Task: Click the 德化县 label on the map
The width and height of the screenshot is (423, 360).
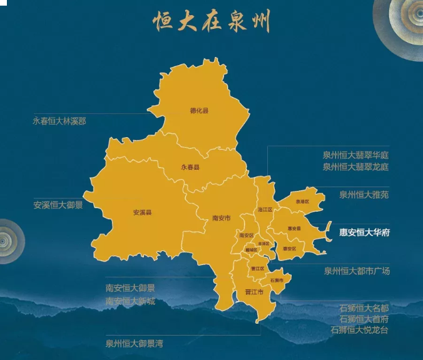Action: pyautogui.click(x=199, y=111)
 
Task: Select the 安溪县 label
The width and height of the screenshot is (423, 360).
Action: pyautogui.click(x=142, y=212)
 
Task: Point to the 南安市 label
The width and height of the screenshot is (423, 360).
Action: pyautogui.click(x=222, y=219)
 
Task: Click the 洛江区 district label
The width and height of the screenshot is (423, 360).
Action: pyautogui.click(x=265, y=209)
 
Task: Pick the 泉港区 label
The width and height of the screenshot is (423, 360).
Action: pyautogui.click(x=303, y=202)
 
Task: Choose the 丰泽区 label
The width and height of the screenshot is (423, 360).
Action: pyautogui.click(x=263, y=243)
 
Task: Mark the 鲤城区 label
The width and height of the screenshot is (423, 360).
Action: pyautogui.click(x=252, y=250)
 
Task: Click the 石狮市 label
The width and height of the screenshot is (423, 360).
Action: pyautogui.click(x=276, y=280)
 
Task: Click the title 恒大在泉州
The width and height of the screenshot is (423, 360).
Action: pyautogui.click(x=211, y=22)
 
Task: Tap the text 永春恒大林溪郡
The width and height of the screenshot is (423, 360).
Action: pyautogui.click(x=59, y=121)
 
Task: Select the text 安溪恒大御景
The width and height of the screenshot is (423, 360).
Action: pyautogui.click(x=58, y=205)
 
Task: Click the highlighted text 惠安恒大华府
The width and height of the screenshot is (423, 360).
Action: pyautogui.click(x=364, y=232)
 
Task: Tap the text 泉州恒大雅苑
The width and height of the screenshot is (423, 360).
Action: pyautogui.click(x=364, y=195)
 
